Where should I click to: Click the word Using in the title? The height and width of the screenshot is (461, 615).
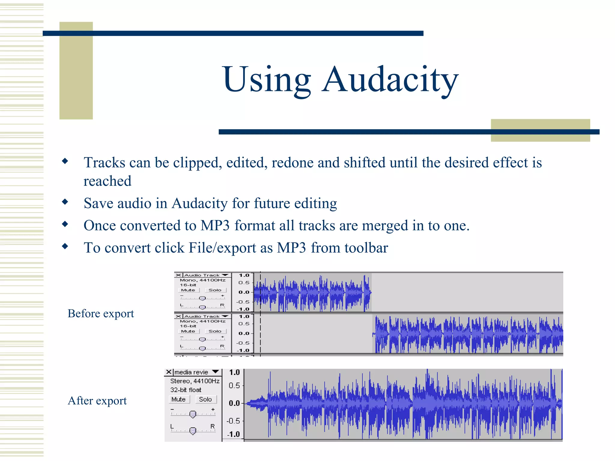(x=267, y=80)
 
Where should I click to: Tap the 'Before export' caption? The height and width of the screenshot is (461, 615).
(x=101, y=313)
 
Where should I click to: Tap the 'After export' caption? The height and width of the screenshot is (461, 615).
(x=97, y=400)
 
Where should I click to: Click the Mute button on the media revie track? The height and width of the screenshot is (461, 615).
(x=179, y=399)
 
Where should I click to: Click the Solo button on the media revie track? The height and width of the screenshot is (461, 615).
(x=205, y=399)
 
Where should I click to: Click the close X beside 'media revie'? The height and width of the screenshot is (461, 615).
(x=169, y=372)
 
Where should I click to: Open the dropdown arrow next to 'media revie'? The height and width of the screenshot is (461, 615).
(x=215, y=372)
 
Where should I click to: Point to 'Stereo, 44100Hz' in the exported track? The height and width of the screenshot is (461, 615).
(x=195, y=381)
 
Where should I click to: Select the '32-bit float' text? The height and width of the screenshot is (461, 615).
(x=186, y=390)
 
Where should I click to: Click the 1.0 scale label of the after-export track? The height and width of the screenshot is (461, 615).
(x=235, y=372)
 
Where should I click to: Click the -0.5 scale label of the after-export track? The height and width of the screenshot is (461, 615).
(x=233, y=421)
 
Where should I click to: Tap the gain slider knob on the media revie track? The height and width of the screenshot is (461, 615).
(x=193, y=414)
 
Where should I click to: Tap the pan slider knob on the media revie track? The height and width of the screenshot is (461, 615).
(x=193, y=431)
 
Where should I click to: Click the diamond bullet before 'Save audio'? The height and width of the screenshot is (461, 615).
(x=65, y=202)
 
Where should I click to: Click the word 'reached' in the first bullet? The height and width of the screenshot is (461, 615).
(x=108, y=181)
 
